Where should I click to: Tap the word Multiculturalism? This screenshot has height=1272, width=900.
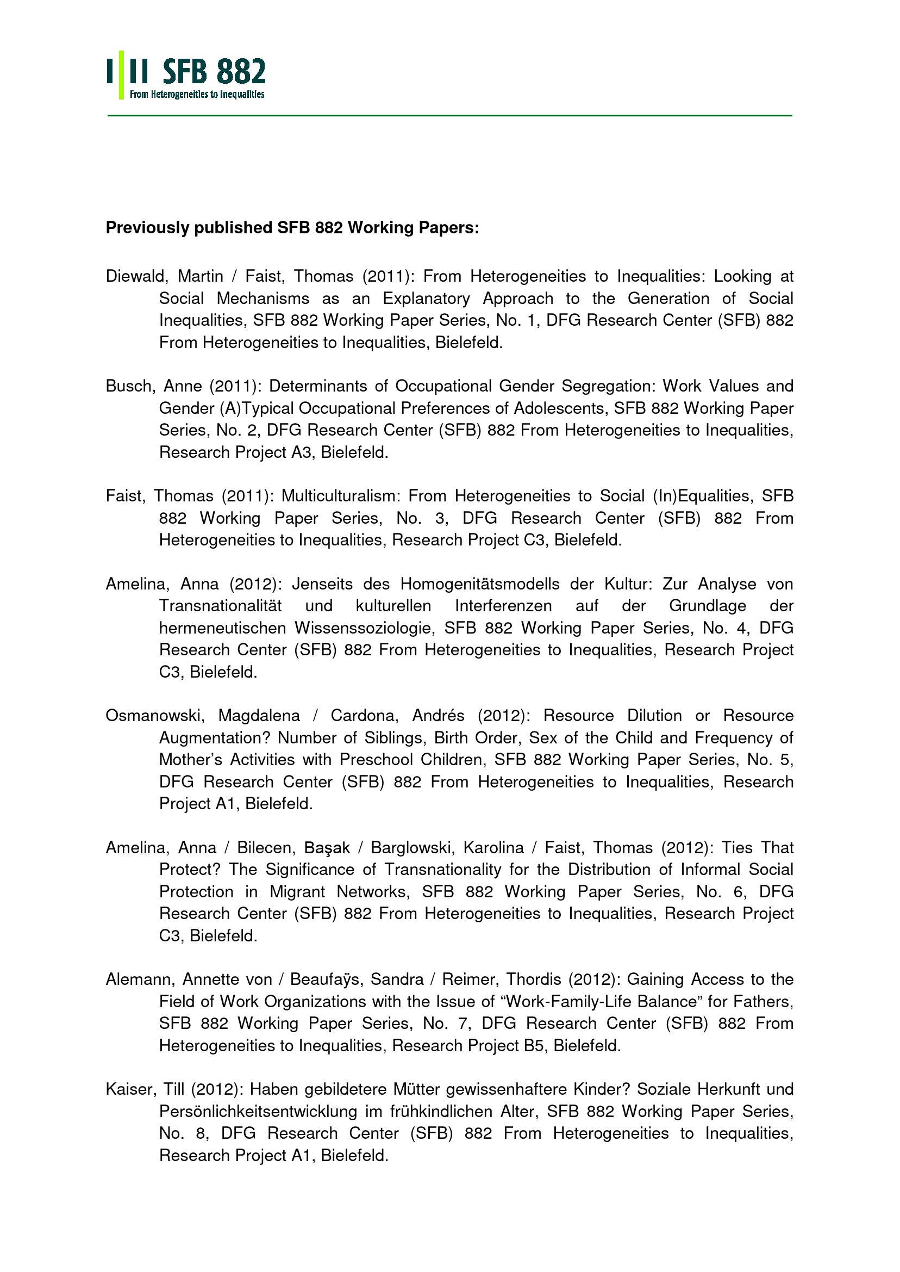click(x=343, y=496)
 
